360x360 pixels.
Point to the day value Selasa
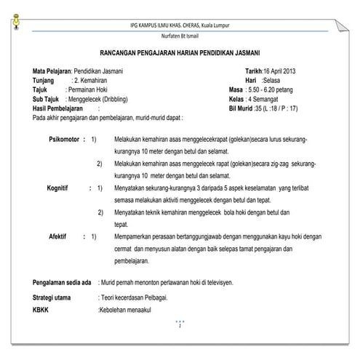pos(276,80)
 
